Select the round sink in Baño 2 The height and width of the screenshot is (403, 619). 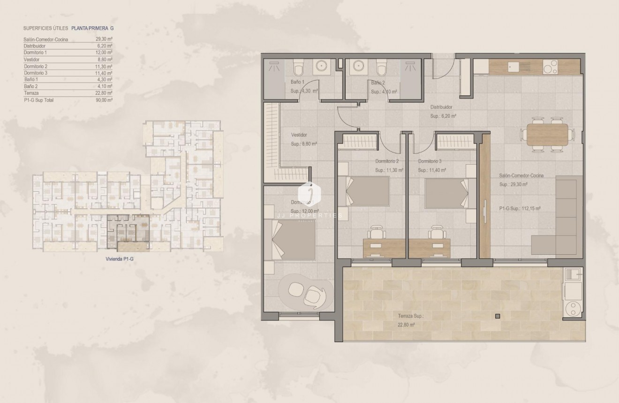coord(360,66)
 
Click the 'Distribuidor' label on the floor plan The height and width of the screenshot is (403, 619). coord(441,107)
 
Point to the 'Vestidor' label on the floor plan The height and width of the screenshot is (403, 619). coord(299,135)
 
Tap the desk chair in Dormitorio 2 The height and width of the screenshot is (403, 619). coord(376,233)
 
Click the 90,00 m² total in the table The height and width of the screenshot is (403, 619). coord(104,100)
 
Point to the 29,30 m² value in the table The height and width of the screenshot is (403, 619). coord(104,39)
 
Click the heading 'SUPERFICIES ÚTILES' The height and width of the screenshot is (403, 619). coord(45,28)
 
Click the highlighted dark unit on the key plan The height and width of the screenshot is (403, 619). coord(128,232)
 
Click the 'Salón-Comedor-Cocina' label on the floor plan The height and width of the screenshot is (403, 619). coord(521,175)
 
